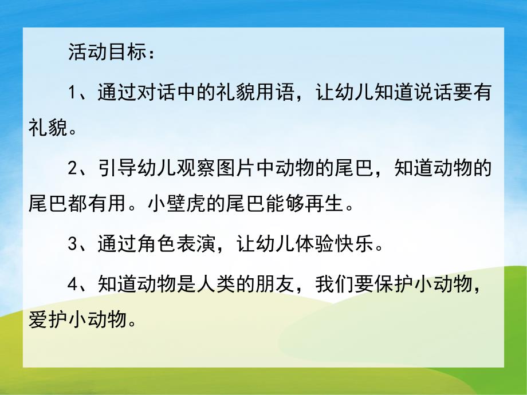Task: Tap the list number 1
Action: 72,93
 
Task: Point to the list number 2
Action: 72,169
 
